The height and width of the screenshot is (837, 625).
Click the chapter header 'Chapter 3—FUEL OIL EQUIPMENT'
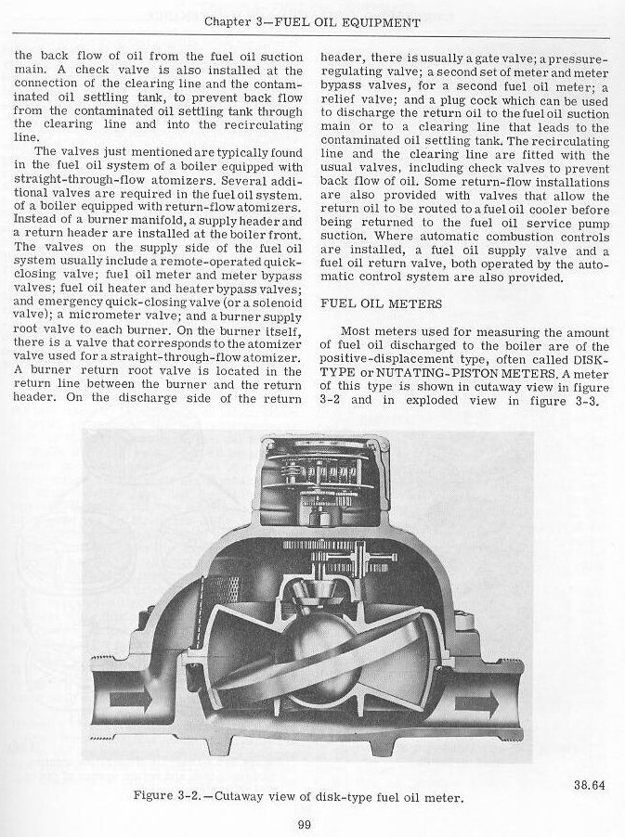312,21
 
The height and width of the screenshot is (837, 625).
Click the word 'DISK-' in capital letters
587,359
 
